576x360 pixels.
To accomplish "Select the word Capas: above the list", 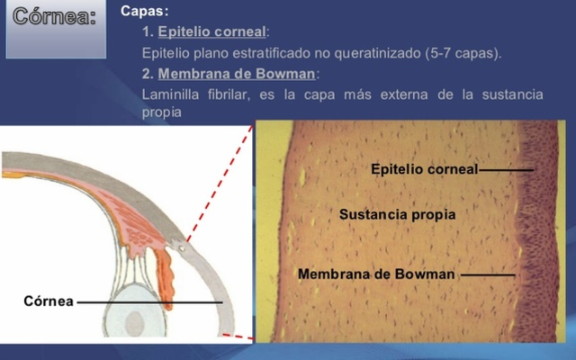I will click(x=144, y=12).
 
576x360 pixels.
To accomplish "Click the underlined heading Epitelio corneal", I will click(x=211, y=31).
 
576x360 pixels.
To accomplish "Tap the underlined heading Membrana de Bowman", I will click(x=238, y=73).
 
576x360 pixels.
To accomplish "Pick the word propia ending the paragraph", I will click(x=162, y=112).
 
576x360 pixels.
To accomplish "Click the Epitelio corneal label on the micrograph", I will click(x=424, y=168).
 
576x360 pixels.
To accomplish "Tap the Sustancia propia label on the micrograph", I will click(x=397, y=214).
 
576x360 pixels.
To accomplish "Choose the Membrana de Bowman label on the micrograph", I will click(x=376, y=273).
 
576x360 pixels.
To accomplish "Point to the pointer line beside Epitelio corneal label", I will click(x=506, y=168).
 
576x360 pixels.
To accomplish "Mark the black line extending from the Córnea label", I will click(x=149, y=302).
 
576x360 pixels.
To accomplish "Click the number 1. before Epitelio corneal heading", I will click(x=148, y=31).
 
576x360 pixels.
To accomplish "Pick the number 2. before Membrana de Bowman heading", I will click(x=148, y=73).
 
